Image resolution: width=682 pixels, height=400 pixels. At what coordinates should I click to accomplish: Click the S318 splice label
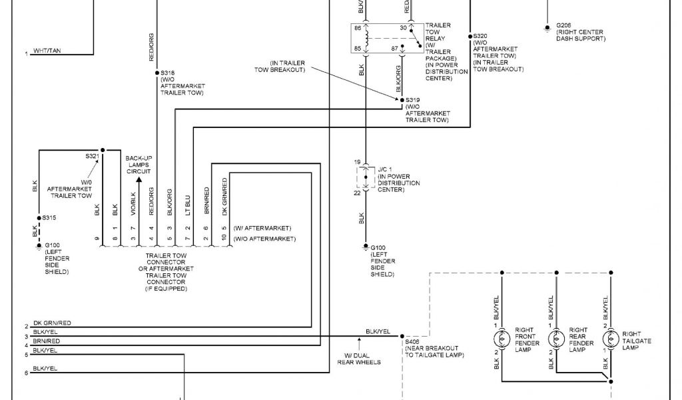pos(168,73)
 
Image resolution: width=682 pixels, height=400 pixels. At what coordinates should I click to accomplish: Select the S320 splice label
pos(480,35)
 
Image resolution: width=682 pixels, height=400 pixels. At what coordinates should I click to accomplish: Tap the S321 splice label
pos(92,156)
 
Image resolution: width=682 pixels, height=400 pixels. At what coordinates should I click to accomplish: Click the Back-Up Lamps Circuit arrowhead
pos(139,179)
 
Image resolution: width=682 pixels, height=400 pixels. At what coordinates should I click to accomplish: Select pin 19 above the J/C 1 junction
pos(357,162)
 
